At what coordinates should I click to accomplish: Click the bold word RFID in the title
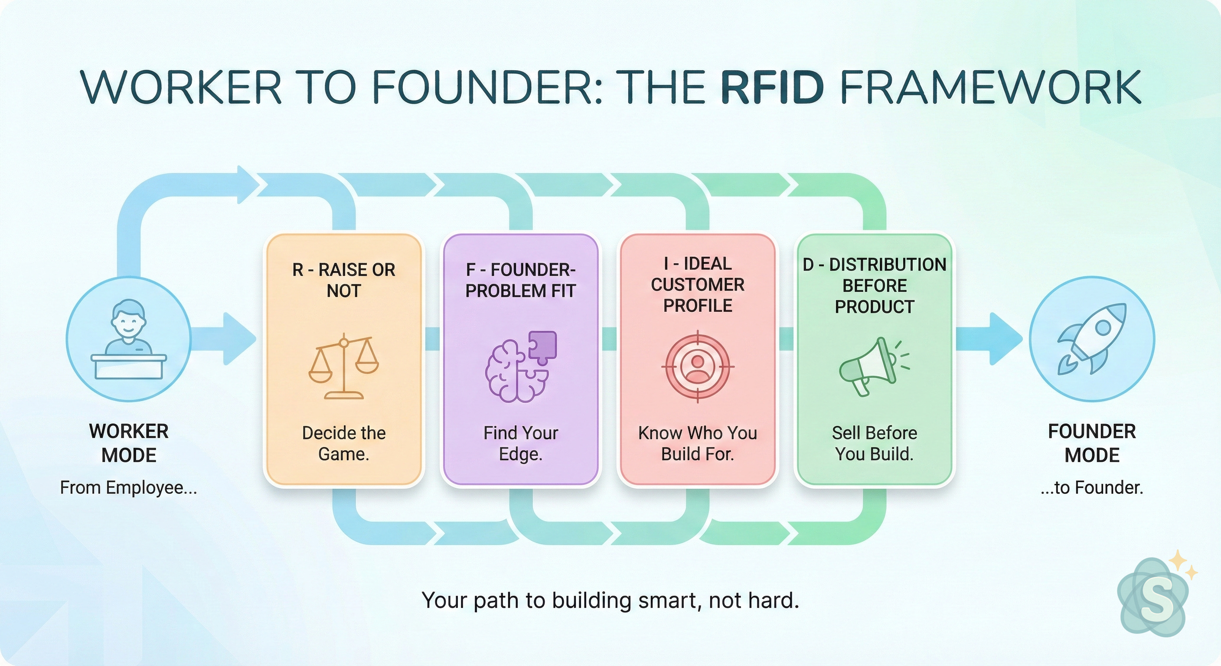(773, 87)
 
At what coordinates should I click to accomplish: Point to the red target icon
(697, 367)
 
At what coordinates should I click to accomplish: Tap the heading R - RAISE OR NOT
(344, 280)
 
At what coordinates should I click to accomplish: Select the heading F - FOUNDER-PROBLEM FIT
(520, 280)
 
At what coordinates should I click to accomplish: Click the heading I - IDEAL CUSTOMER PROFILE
(697, 284)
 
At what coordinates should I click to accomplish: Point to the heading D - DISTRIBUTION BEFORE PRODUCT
(875, 285)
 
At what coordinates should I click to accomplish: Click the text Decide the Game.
(344, 443)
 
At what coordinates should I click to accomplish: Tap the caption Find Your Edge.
(520, 443)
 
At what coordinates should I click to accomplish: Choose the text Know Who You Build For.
(697, 443)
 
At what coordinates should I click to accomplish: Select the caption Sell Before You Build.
(875, 443)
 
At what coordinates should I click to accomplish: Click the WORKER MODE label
(129, 443)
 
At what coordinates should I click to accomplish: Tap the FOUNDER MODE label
(1092, 443)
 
